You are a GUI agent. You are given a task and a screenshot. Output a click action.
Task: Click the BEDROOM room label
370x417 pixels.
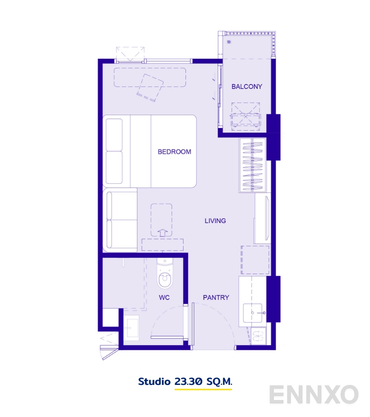pyautogui.click(x=174, y=152)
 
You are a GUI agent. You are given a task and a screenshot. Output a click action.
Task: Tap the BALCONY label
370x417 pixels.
pyautogui.click(x=247, y=87)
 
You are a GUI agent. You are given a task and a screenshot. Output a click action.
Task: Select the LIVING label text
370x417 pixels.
pyautogui.click(x=215, y=221)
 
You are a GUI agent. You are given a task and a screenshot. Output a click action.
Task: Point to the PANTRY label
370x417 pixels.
pyautogui.click(x=216, y=297)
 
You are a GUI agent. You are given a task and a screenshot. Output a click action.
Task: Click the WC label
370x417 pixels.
pyautogui.click(x=164, y=297)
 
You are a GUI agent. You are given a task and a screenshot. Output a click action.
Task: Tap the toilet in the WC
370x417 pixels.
pyautogui.click(x=165, y=275)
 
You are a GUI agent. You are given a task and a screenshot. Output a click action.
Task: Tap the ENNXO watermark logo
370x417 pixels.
pyautogui.click(x=314, y=395)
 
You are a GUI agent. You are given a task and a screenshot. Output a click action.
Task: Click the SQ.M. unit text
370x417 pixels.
pyautogui.click(x=219, y=382)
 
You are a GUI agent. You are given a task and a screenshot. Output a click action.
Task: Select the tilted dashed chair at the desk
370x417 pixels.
pyautogui.click(x=149, y=88)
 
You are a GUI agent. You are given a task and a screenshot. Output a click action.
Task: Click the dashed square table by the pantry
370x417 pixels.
pyautogui.click(x=255, y=260)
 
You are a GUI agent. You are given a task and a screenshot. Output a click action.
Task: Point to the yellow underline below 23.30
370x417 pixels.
pyautogui.click(x=203, y=390)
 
